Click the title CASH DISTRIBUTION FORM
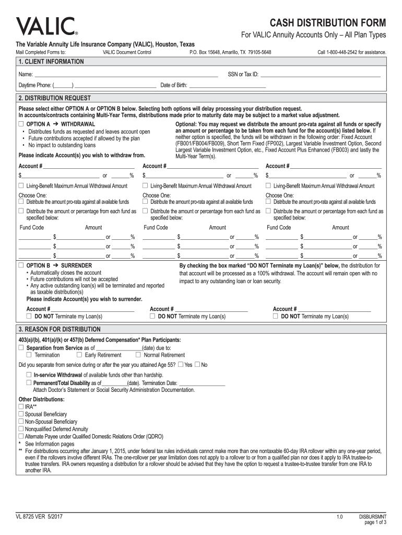[328, 23]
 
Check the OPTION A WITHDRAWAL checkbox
[21, 124]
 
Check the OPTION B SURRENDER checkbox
[21, 265]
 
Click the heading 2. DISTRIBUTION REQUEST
[54, 98]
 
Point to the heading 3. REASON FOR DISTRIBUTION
[59, 330]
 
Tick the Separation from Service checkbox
[21, 347]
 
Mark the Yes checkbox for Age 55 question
[181, 364]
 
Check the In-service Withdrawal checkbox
[29, 375]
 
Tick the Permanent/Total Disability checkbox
[29, 382]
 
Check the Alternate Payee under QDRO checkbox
[21, 436]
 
